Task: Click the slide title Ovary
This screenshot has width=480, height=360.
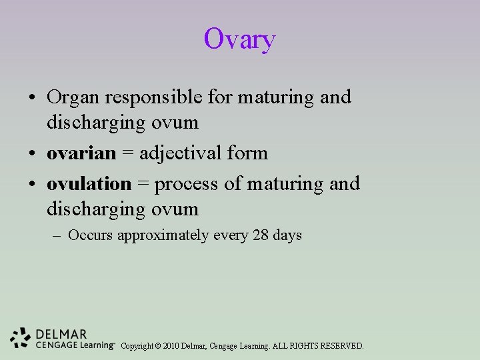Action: (x=239, y=39)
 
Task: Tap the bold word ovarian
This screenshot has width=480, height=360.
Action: (x=81, y=153)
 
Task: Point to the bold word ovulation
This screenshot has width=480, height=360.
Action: (x=89, y=183)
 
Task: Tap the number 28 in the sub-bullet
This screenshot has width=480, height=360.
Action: (x=261, y=235)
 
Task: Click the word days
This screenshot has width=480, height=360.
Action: (x=287, y=235)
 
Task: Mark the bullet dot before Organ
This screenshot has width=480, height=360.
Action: (x=33, y=98)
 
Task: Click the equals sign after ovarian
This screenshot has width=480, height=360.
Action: (x=128, y=154)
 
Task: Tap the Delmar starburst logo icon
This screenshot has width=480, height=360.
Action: (x=21, y=337)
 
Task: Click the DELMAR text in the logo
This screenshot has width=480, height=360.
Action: (x=61, y=333)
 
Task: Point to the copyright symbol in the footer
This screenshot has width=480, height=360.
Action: (x=158, y=346)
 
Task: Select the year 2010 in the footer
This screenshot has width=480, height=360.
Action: (x=172, y=346)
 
